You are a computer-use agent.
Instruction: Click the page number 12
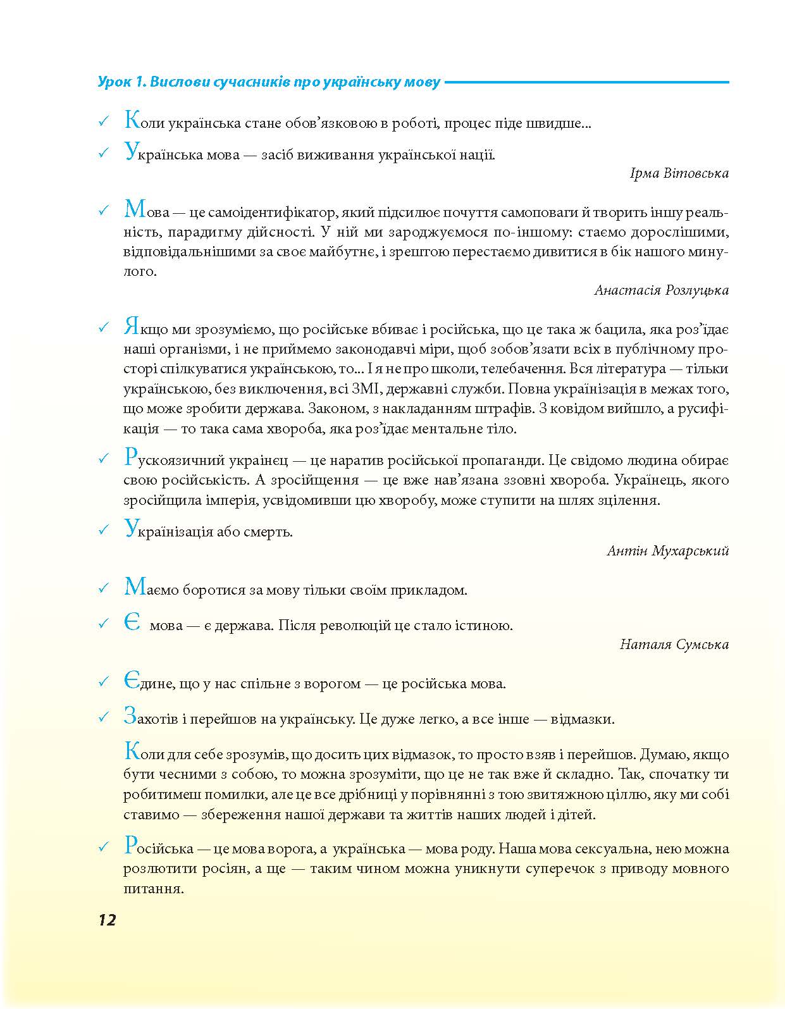107,920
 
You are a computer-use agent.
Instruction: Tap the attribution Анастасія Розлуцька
661,290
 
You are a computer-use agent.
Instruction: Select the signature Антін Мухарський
667,550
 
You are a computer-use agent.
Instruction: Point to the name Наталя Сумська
674,645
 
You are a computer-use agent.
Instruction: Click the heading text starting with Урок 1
269,82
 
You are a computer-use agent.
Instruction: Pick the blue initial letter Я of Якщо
130,328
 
